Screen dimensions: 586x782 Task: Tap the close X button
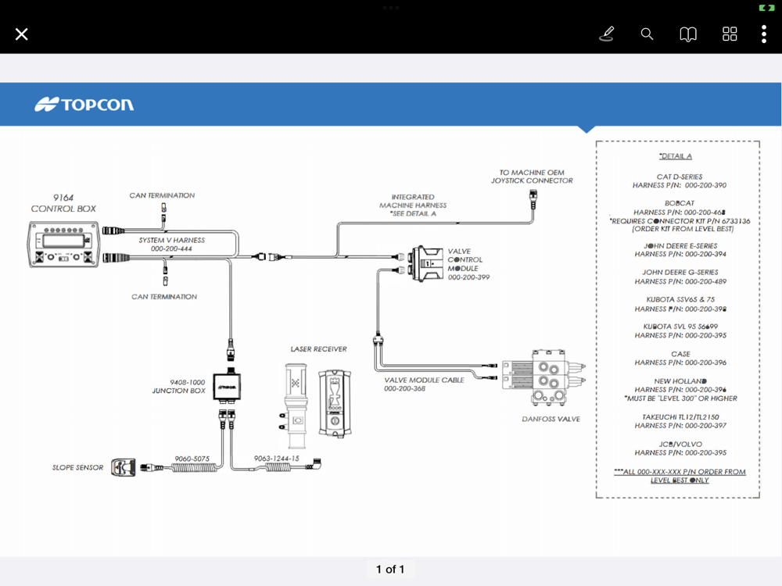[22, 34]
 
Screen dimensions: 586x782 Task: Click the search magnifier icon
[647, 34]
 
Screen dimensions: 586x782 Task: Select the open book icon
[688, 34]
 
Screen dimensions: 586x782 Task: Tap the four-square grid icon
[730, 34]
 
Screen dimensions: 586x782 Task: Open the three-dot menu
[764, 34]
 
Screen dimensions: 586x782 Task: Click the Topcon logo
[84, 105]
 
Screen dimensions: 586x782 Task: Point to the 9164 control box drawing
[64, 244]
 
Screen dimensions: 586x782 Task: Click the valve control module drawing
[427, 263]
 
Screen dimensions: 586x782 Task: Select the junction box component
[228, 386]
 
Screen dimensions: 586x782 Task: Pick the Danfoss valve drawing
[542, 377]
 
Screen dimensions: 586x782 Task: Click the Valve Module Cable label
[424, 381]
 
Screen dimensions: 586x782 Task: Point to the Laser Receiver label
[318, 349]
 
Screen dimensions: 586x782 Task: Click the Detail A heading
[676, 156]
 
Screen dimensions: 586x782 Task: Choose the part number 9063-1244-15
[276, 459]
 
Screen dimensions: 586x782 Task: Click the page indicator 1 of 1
[390, 570]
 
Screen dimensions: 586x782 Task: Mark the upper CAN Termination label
[162, 195]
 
